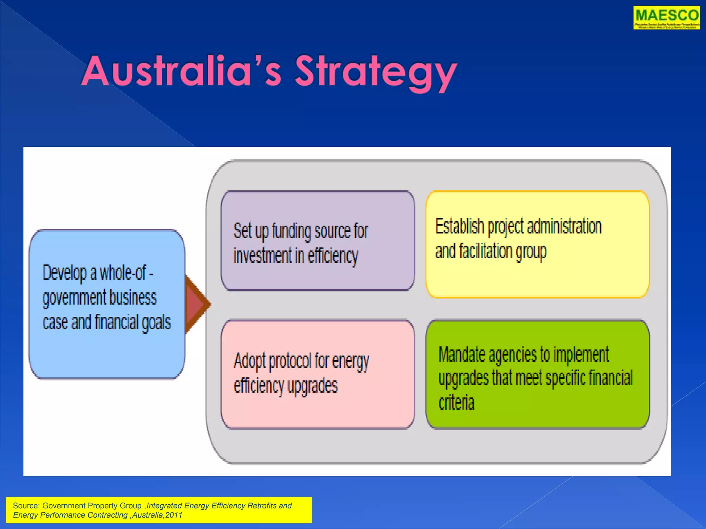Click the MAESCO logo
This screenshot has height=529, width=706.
(x=666, y=17)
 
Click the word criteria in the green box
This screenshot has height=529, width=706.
(x=456, y=402)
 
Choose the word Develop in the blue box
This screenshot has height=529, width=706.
(x=64, y=273)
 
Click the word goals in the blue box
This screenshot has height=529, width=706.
(x=157, y=322)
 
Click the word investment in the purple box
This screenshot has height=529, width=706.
(x=263, y=256)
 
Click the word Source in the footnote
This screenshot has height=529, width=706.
(x=26, y=506)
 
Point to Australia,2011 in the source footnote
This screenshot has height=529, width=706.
(x=157, y=515)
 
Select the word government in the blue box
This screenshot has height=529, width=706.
(x=74, y=298)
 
